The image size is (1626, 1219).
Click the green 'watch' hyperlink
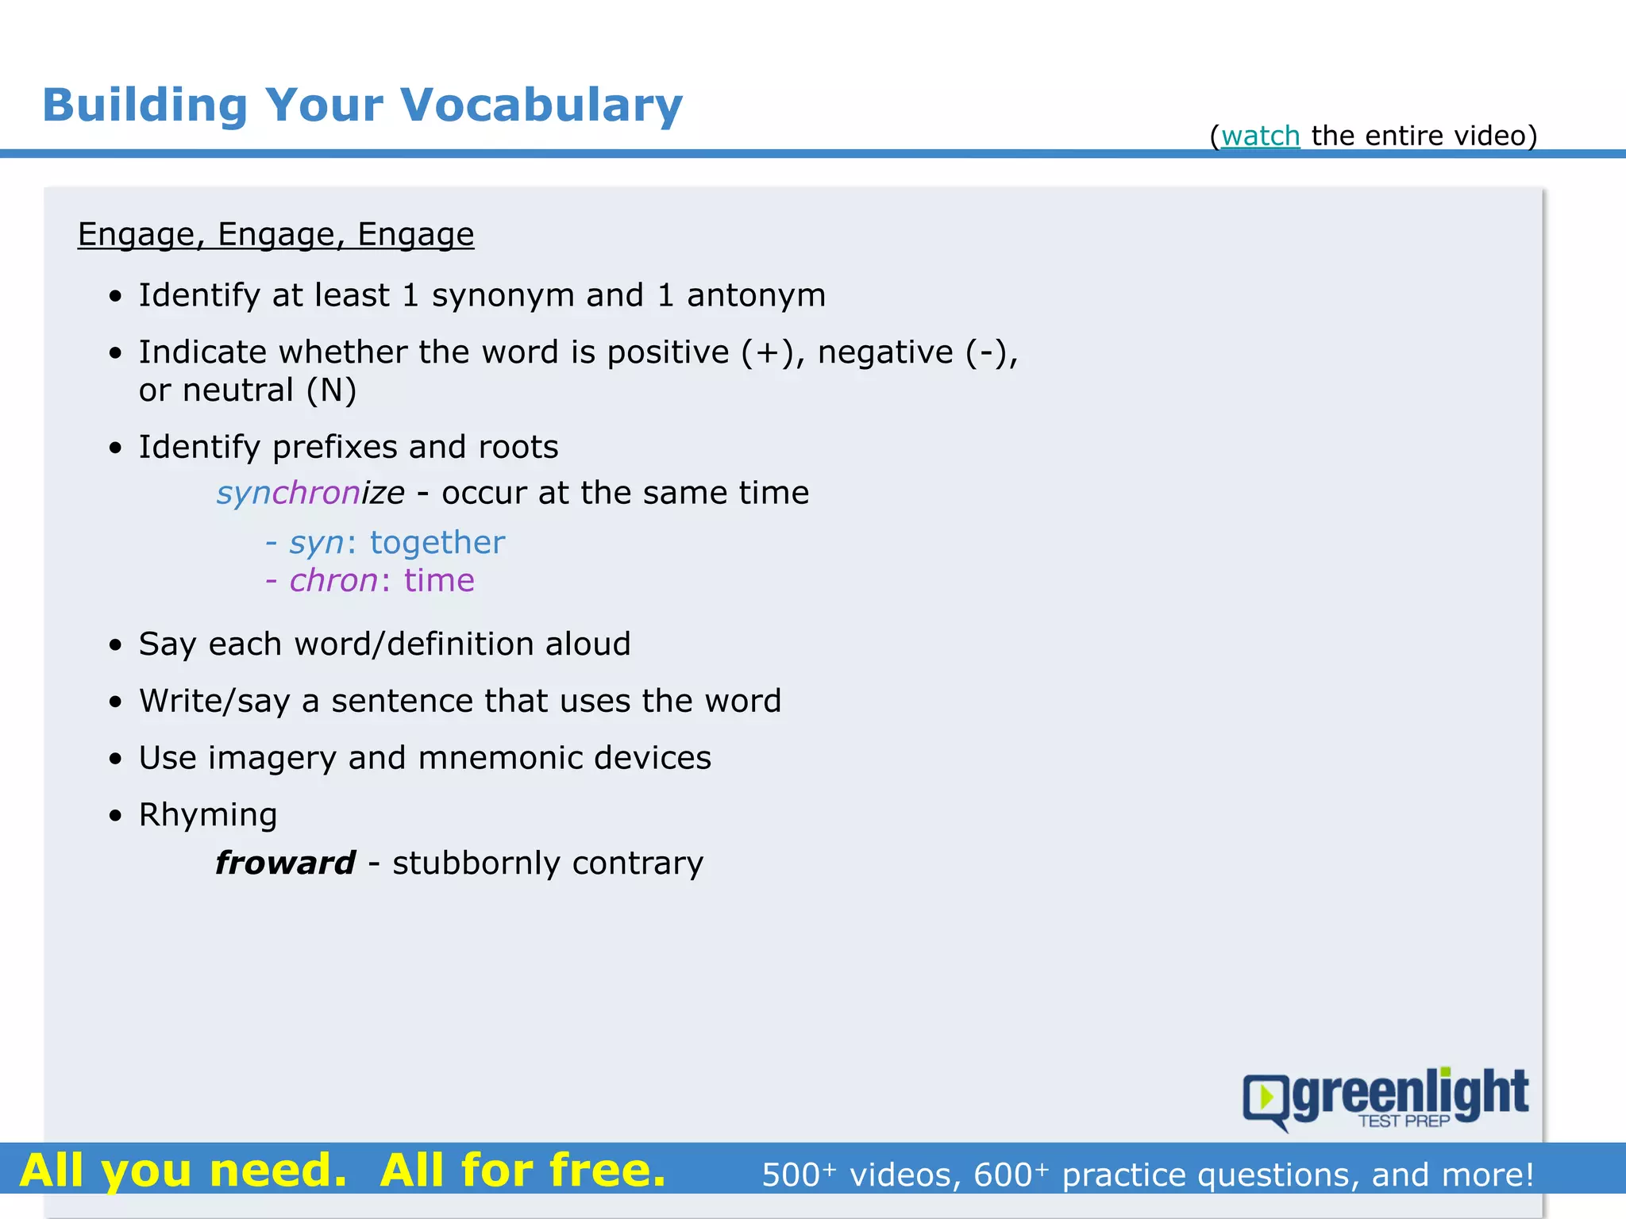pos(1260,137)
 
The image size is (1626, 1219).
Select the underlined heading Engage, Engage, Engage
pos(275,235)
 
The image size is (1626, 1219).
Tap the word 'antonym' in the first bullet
pos(756,295)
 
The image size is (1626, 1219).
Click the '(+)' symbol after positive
pos(767,352)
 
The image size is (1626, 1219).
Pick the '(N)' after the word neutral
pos(331,390)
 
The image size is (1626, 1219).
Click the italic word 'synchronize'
pos(310,493)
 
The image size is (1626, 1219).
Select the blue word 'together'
pos(437,543)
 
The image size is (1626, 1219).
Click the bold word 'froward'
pos(285,863)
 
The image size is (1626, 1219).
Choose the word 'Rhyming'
pos(208,815)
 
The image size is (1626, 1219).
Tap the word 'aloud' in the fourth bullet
pos(588,644)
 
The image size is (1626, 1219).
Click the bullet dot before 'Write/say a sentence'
pos(117,702)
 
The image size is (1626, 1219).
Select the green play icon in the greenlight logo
pos(1267,1098)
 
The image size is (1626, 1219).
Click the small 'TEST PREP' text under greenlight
pos(1404,1121)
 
